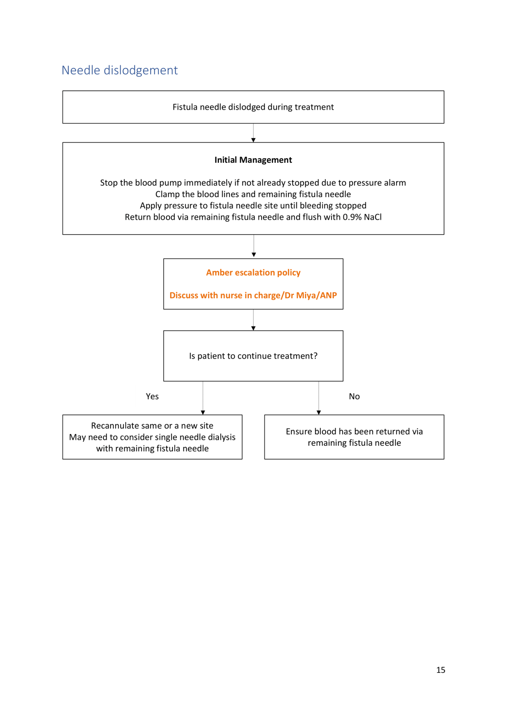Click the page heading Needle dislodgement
(119, 70)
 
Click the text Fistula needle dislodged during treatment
(253, 107)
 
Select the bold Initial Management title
(253, 160)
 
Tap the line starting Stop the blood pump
(253, 183)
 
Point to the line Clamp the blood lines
(253, 194)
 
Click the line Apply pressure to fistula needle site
(253, 206)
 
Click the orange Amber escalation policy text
(253, 273)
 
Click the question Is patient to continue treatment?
(253, 356)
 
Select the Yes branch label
(152, 396)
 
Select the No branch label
(354, 396)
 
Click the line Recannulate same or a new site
(152, 426)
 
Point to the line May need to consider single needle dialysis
(152, 437)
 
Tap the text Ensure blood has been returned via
(354, 431)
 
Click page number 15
(440, 670)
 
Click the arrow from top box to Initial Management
(253, 133)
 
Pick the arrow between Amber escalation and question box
(253, 320)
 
